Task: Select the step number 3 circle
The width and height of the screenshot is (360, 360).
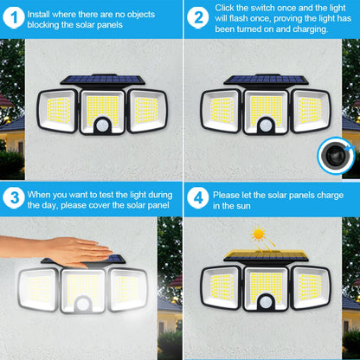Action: [14, 198]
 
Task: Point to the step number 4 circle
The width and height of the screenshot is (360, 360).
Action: [198, 198]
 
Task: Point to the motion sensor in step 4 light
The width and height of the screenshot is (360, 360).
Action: [267, 308]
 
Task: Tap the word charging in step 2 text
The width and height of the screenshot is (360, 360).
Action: [307, 29]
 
